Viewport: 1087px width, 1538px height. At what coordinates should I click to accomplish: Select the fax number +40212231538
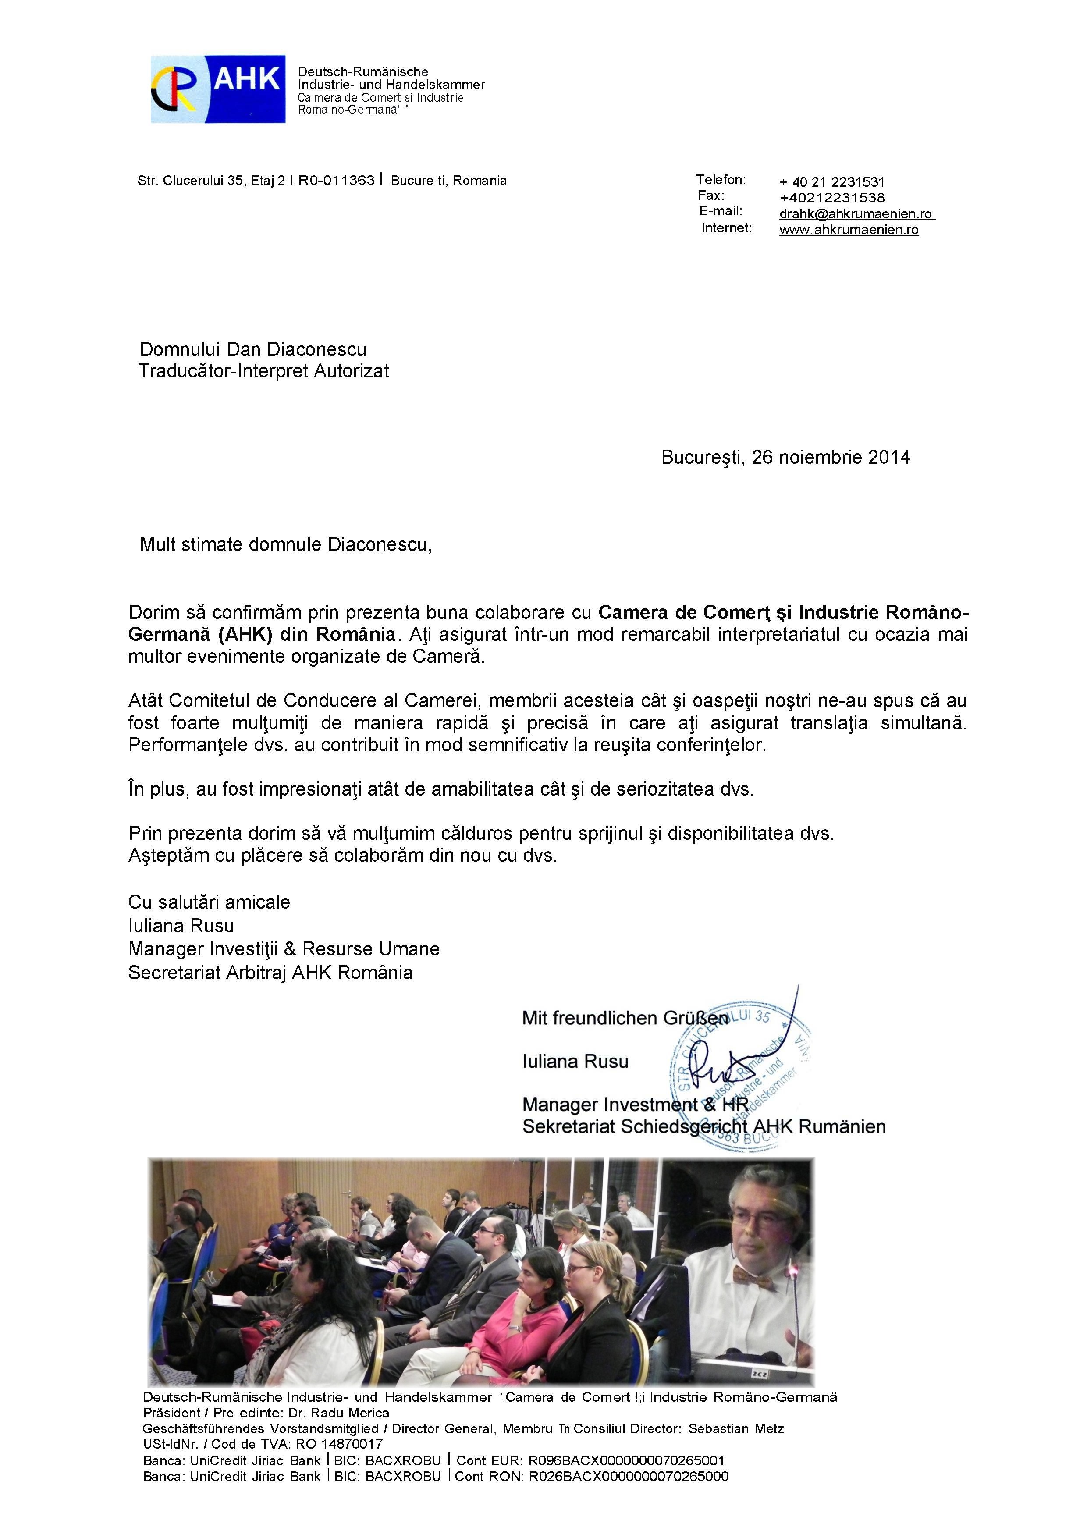tap(832, 198)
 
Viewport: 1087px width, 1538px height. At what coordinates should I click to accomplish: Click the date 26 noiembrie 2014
tap(831, 458)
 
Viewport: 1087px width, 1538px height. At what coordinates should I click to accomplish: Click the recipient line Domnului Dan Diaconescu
tap(253, 349)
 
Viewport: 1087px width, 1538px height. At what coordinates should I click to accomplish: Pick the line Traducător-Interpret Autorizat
tap(264, 371)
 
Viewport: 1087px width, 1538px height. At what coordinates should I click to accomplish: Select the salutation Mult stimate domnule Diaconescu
tap(286, 545)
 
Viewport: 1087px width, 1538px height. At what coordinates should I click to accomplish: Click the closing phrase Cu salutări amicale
tap(210, 902)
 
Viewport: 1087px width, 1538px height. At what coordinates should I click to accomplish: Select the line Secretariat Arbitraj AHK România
tap(270, 973)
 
